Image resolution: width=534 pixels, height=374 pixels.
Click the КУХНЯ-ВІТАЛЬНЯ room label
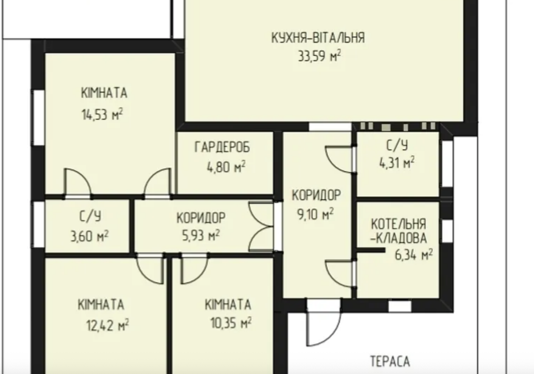click(318, 38)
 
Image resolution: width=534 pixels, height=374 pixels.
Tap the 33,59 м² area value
click(319, 56)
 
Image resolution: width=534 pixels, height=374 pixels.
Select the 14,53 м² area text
click(102, 115)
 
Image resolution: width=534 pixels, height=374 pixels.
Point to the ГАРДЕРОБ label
click(222, 147)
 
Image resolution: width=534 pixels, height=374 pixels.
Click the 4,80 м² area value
click(226, 166)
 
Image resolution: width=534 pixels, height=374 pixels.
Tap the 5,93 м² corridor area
click(201, 235)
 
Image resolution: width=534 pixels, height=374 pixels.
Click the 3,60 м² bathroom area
click(90, 236)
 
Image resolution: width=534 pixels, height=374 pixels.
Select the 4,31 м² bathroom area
click(397, 163)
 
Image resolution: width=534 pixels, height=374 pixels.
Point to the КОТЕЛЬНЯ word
click(398, 224)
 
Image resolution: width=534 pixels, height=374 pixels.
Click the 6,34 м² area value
click(414, 255)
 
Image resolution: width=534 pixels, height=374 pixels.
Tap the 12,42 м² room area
click(107, 325)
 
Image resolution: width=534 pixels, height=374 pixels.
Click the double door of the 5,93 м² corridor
click(261, 227)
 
